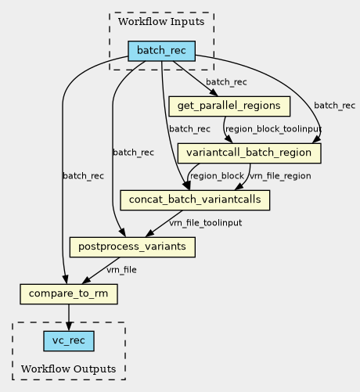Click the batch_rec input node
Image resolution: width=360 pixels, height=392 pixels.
[161, 51]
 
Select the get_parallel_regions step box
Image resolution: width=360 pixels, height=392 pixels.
[229, 106]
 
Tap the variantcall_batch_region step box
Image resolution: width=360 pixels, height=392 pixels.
[249, 153]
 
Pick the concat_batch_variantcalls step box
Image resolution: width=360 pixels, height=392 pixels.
[195, 200]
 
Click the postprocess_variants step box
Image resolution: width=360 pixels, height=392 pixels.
[132, 247]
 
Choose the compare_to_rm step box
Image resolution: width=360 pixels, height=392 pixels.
[69, 294]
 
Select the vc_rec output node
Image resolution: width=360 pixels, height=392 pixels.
[69, 341]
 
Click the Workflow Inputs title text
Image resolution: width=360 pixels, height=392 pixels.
[161, 22]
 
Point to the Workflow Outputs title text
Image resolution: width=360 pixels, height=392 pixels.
[69, 369]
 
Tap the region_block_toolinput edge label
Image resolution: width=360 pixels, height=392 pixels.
[273, 129]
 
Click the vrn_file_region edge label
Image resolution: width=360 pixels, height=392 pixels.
[280, 176]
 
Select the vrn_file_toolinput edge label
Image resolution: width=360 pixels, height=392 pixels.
[206, 223]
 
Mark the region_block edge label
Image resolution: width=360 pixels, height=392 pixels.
[217, 176]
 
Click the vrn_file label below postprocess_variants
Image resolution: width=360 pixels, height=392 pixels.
[121, 270]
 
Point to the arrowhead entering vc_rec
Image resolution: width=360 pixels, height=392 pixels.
[69, 326]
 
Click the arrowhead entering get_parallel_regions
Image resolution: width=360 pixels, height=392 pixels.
[214, 93]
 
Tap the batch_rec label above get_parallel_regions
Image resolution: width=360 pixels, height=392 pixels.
[226, 82]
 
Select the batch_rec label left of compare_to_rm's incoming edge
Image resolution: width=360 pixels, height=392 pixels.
[83, 176]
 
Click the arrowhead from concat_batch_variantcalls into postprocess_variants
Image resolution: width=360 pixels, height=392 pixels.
[149, 233]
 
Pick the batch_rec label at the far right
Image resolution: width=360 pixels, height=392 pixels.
[334, 106]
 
